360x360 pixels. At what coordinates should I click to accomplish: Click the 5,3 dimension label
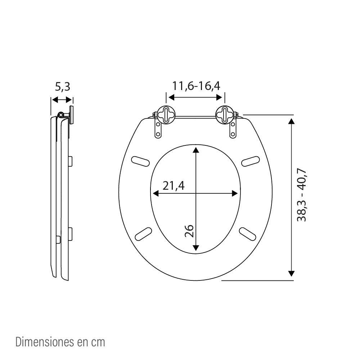62,87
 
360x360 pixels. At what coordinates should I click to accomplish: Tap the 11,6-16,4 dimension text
196,86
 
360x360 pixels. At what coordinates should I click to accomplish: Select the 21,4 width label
174,185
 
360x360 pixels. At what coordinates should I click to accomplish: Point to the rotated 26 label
189,231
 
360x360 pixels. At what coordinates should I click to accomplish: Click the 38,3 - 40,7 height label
302,195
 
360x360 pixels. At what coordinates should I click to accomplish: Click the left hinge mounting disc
166,115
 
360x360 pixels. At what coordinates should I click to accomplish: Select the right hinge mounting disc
225,115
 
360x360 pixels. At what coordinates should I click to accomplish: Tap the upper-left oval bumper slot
140,161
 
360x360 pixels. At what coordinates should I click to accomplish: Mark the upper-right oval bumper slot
251,161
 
